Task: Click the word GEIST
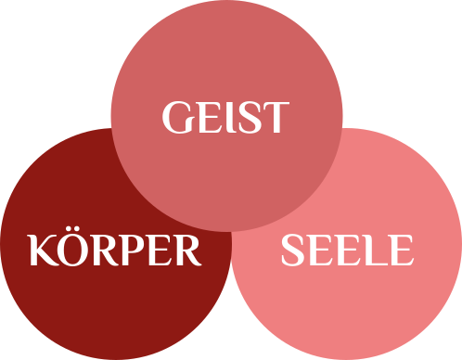(x=225, y=118)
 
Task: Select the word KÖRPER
(x=115, y=251)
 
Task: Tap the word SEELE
(x=346, y=251)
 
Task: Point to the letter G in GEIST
(x=176, y=118)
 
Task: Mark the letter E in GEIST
(x=205, y=118)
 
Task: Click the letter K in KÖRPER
(x=42, y=251)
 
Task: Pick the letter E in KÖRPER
(x=158, y=251)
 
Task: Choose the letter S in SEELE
(x=293, y=251)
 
